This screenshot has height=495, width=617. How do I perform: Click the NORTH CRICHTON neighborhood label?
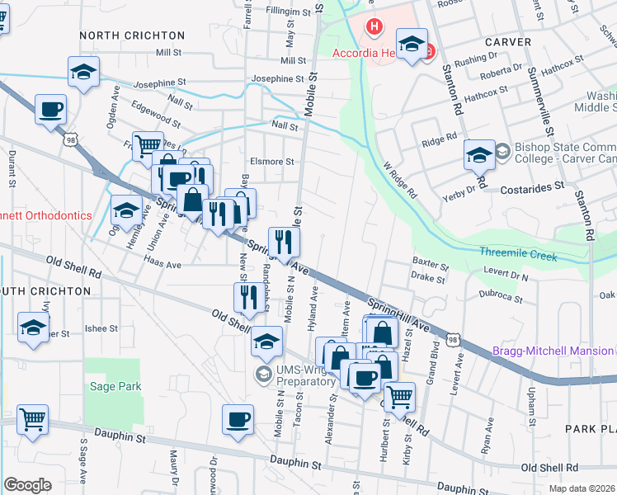(132, 35)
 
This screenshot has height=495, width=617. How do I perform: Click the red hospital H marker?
(374, 26)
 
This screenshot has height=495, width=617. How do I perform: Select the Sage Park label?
(116, 386)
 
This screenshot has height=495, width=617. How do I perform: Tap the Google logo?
(27, 485)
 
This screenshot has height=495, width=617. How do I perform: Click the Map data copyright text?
(582, 488)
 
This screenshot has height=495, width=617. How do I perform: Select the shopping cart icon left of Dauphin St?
(33, 419)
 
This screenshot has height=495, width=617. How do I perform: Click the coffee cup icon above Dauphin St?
(238, 419)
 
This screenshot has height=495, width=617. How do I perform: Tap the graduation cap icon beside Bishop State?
(479, 154)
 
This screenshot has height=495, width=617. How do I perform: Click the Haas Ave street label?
(162, 265)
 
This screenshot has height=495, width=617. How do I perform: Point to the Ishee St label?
(102, 328)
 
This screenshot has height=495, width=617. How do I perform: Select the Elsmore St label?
(272, 162)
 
